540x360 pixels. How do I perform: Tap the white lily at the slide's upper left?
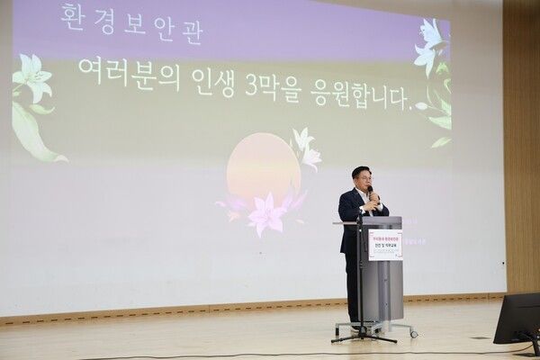(x=33, y=79)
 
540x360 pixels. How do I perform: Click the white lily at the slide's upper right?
(x=430, y=45)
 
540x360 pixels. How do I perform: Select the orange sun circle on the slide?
(x=261, y=171)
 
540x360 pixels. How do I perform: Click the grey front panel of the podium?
(x=387, y=288)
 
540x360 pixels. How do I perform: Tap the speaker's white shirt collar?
(x=359, y=193)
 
